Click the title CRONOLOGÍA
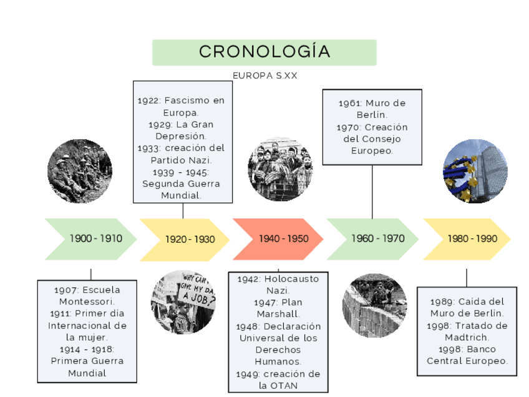tap(264, 52)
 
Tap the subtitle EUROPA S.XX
tap(264, 76)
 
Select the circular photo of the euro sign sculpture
tap(475, 171)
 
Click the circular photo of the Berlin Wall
tap(374, 305)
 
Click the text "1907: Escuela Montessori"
tap(87, 296)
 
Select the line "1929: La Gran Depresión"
tap(182, 130)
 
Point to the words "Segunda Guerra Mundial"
tap(182, 189)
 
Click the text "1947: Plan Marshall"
tap(278, 308)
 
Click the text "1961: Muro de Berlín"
tap(372, 109)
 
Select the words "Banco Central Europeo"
tap(467, 355)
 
